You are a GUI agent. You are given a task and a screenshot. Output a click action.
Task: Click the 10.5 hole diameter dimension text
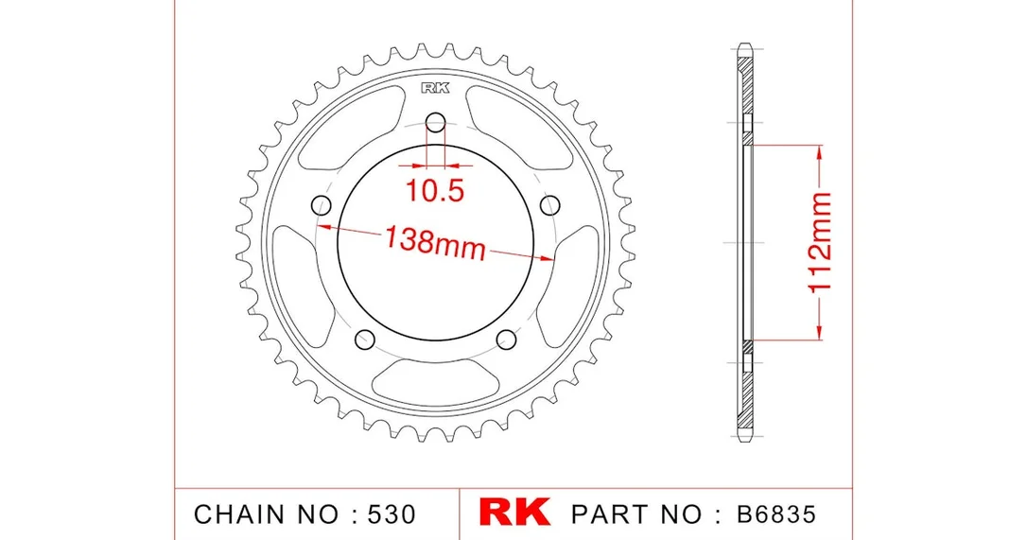(435, 190)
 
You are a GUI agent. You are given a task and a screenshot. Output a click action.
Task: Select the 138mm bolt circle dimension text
(436, 241)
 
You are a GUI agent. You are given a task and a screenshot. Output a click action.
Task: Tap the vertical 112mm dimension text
(820, 242)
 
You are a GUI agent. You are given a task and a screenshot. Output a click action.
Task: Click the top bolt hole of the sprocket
(436, 121)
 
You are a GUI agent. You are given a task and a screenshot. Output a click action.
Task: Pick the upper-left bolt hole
(321, 205)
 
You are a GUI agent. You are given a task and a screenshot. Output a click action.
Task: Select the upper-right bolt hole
(550, 205)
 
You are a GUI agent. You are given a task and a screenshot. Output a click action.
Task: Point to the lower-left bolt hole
(365, 340)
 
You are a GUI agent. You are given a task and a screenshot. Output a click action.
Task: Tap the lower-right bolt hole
(506, 340)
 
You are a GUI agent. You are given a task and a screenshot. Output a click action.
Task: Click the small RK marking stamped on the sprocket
(436, 88)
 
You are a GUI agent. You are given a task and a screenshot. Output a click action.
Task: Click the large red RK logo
(514, 513)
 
